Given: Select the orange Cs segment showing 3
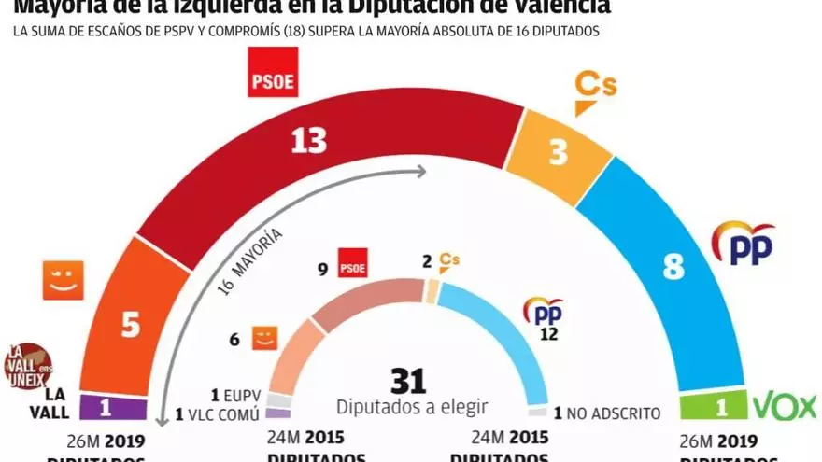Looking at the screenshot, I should (x=559, y=152).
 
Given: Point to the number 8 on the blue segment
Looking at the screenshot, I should (x=673, y=267).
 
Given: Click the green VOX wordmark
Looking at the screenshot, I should (x=785, y=407).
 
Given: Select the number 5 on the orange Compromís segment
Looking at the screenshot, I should (x=131, y=325).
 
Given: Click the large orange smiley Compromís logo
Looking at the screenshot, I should (x=64, y=280).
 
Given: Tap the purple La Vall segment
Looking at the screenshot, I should (x=114, y=408).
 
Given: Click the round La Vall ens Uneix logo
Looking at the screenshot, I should (x=28, y=366).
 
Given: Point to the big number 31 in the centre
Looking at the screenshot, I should (x=407, y=381).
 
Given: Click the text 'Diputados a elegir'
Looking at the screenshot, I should (x=412, y=408).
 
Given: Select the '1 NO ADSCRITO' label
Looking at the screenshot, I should (x=607, y=413).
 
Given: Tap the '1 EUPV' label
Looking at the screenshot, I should (x=235, y=394).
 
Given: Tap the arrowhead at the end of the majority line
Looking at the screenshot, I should (x=422, y=171).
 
